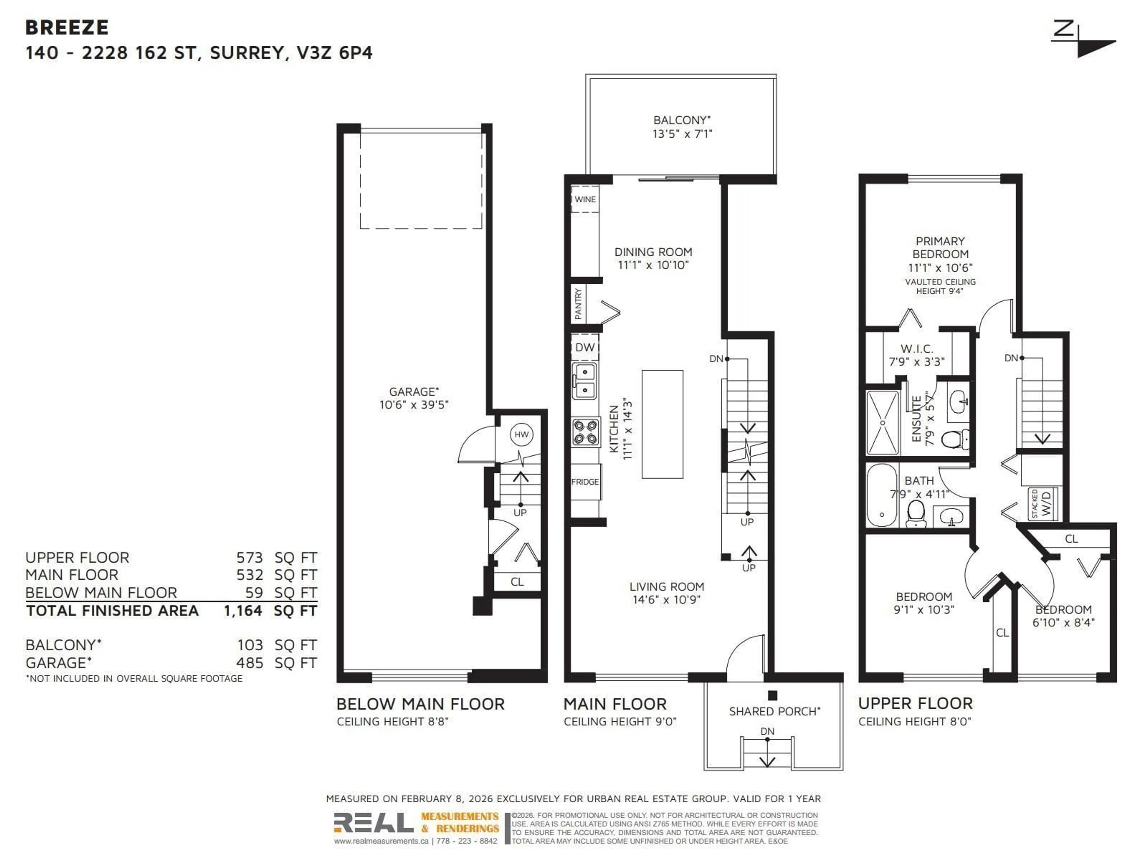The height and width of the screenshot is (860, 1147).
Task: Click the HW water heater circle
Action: (521, 434)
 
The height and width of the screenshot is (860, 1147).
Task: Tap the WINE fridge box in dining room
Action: (585, 199)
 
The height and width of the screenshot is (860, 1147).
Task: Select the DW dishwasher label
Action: (585, 347)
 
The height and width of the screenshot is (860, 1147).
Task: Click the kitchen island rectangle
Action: (662, 424)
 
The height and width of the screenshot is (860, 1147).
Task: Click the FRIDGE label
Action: (585, 482)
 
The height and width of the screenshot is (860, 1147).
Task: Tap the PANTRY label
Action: (579, 304)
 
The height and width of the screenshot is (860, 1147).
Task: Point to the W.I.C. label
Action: (917, 349)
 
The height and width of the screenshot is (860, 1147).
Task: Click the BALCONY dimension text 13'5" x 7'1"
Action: (682, 134)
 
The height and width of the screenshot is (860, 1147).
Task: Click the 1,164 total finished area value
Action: (243, 611)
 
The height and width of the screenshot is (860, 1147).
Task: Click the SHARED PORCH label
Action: (774, 711)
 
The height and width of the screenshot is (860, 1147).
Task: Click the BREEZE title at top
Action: (67, 27)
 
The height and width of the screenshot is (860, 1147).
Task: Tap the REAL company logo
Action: (373, 823)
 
